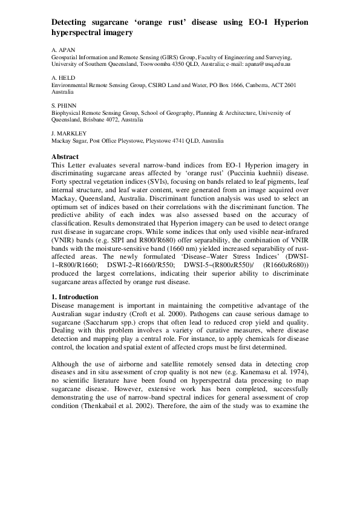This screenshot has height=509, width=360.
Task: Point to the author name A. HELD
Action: (x=62, y=78)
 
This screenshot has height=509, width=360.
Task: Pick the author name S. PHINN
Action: (x=63, y=105)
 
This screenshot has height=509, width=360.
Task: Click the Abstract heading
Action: (x=66, y=157)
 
